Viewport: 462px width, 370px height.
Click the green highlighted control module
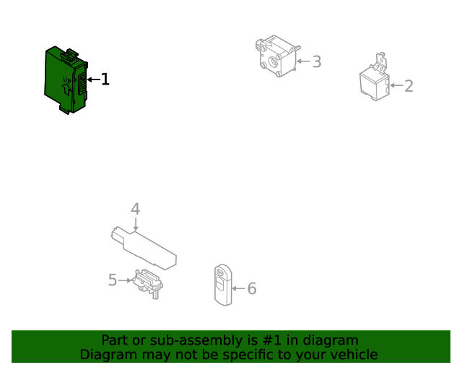[x=66, y=80]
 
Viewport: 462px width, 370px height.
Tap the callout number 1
[x=105, y=79]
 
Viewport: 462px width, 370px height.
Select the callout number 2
[x=409, y=86]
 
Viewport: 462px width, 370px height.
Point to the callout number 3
[x=317, y=61]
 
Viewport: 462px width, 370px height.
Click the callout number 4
[x=135, y=209]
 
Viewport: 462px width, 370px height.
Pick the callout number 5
[x=113, y=280]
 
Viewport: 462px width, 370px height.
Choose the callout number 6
[x=252, y=288]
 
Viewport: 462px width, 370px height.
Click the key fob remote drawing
[x=223, y=285]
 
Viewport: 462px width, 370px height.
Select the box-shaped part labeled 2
[x=375, y=79]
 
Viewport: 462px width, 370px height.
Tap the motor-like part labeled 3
[x=277, y=56]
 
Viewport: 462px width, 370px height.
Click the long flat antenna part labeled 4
[x=144, y=248]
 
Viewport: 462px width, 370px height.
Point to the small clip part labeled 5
[x=147, y=283]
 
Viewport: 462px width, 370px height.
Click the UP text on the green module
[x=67, y=79]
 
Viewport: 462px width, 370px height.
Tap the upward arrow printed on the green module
[x=67, y=89]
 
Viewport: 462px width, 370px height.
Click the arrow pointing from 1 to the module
[x=94, y=79]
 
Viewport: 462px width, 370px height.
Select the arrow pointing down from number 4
[x=136, y=224]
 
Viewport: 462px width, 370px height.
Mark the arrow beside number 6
[x=238, y=288]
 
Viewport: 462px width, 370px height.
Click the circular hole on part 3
[x=274, y=62]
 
